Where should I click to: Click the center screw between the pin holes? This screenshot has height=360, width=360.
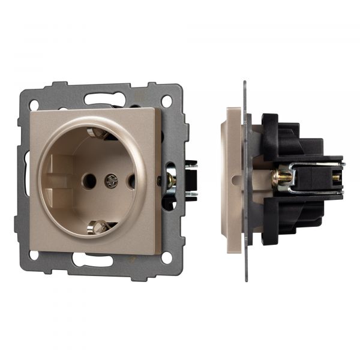point(110,179)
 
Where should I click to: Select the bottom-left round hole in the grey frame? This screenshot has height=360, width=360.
point(34,254)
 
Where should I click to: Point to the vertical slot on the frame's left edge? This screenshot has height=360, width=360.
point(26,171)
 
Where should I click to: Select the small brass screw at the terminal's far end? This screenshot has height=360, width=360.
point(335,178)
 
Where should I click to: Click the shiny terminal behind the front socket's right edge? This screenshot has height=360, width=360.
point(172,180)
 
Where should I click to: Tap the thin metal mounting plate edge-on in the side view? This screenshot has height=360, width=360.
point(245,180)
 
